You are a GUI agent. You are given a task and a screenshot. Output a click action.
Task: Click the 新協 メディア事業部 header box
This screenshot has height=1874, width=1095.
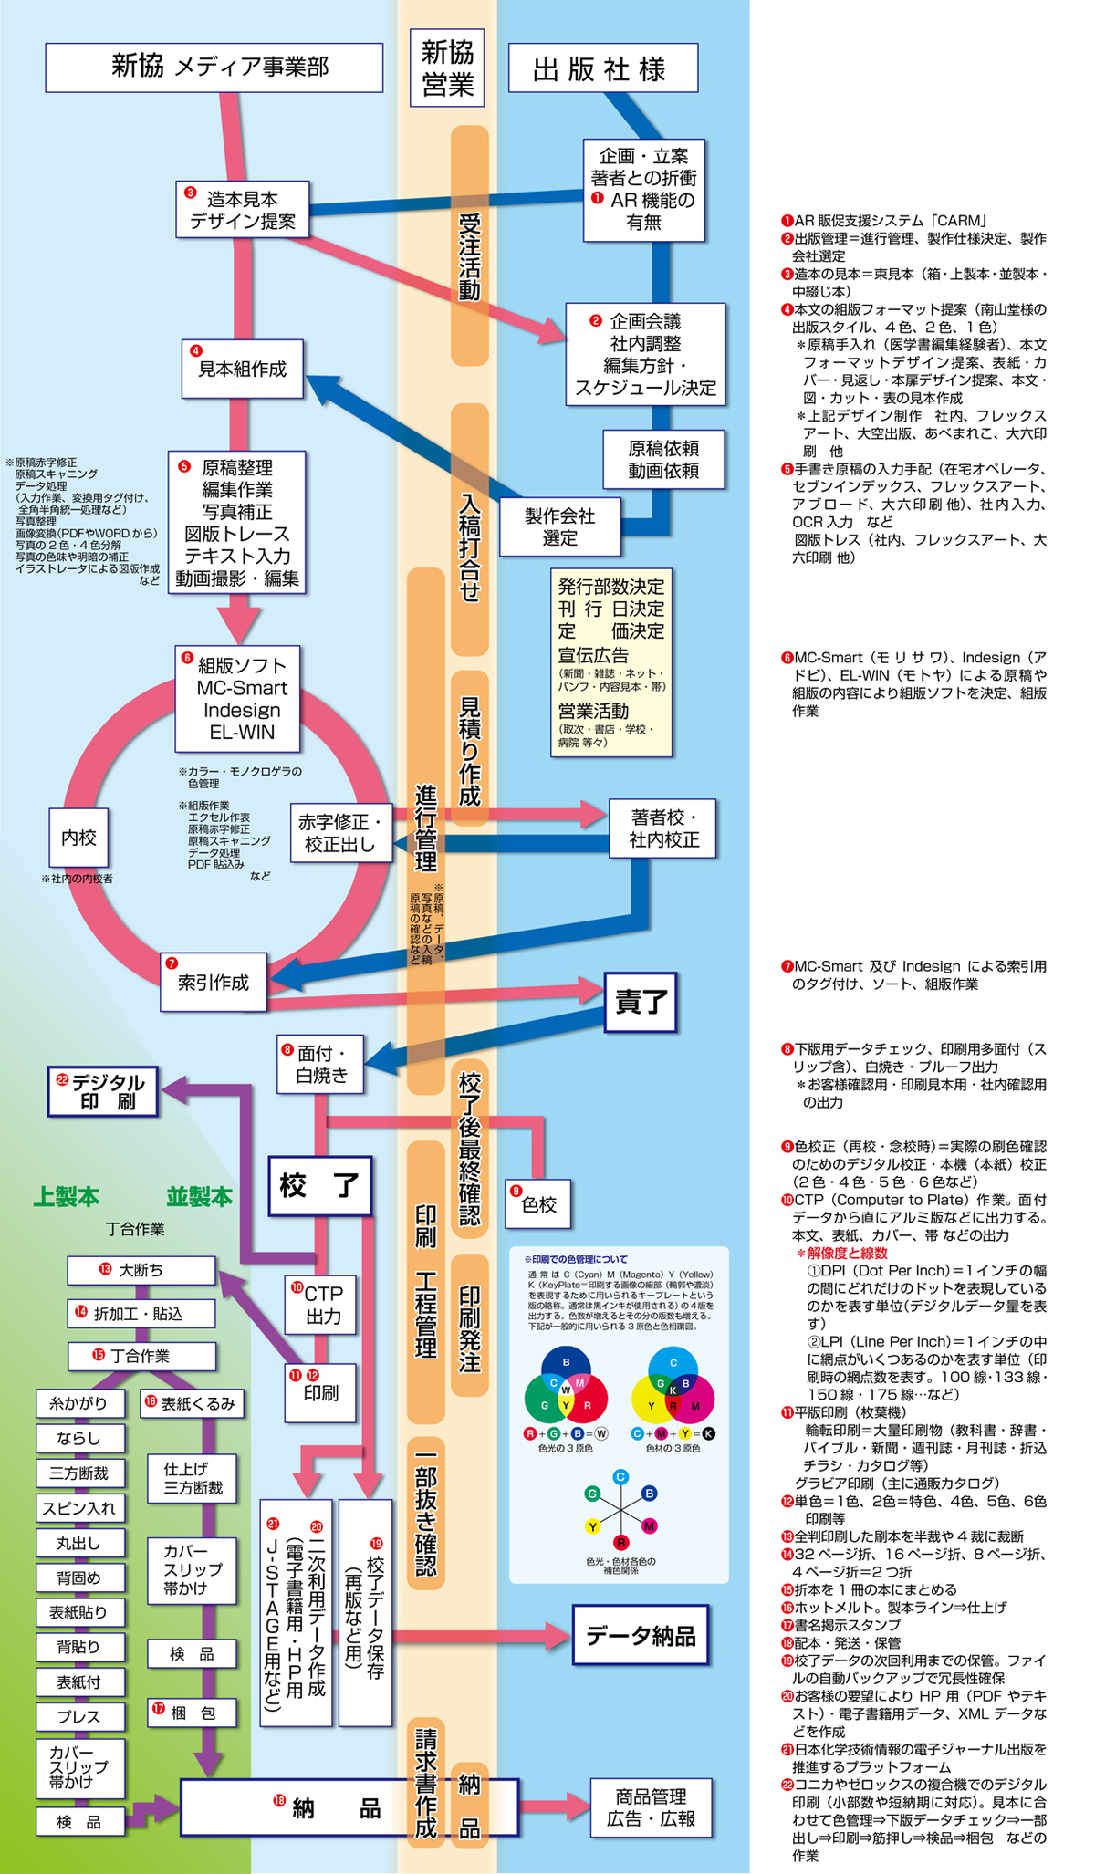tap(214, 67)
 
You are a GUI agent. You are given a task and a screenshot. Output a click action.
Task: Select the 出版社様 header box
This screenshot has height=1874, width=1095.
tap(602, 68)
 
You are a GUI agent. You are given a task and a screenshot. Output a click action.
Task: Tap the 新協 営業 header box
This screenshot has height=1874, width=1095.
tap(447, 68)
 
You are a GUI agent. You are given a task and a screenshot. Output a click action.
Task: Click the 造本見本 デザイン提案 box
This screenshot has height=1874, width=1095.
tap(243, 210)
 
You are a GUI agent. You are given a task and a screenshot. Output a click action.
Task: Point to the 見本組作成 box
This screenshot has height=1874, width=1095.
tap(242, 370)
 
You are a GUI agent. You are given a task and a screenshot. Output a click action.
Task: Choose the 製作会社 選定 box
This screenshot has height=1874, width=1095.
tap(559, 527)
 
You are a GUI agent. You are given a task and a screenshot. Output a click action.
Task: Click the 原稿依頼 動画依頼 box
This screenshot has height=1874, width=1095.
tap(663, 459)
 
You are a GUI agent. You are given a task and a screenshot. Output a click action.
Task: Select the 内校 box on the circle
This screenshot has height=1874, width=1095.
tap(78, 838)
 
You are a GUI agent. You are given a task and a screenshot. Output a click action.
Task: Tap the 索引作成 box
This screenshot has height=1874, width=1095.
tap(214, 983)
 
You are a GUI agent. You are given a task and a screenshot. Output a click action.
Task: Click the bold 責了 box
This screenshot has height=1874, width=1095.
tap(641, 1002)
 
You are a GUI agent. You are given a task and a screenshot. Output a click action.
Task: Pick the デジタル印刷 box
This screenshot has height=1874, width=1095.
tap(102, 1091)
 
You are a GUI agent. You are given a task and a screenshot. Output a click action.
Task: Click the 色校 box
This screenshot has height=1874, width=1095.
tap(538, 1204)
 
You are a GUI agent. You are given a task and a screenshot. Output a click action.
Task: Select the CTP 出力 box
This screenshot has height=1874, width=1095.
tap(320, 1305)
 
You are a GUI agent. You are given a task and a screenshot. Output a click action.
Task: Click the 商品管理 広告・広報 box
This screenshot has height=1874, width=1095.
tap(651, 1807)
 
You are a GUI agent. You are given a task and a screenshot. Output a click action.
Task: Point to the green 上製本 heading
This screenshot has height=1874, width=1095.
tap(67, 1197)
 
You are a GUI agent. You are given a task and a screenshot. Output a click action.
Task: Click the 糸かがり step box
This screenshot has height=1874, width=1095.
tap(79, 1403)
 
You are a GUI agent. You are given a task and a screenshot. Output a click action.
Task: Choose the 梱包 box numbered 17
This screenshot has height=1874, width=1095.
tap(193, 1713)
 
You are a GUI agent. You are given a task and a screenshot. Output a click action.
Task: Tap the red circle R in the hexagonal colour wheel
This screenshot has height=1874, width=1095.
tap(620, 1543)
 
